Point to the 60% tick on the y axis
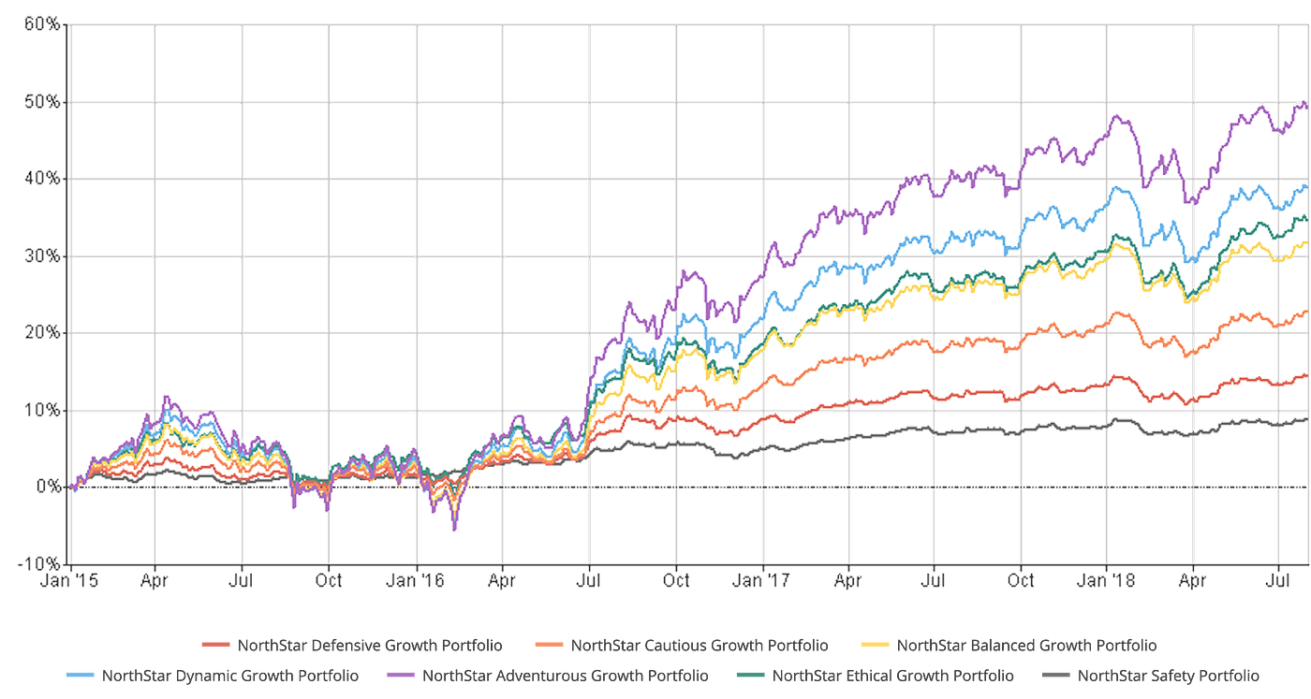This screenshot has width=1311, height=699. (x=43, y=24)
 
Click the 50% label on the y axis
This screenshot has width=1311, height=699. (x=43, y=101)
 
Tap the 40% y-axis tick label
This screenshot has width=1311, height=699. (x=43, y=178)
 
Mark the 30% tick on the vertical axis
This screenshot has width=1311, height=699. (x=43, y=255)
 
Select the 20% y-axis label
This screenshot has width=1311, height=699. (x=43, y=332)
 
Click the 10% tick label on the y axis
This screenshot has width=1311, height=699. (x=43, y=409)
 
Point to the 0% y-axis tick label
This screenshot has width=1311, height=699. (x=47, y=486)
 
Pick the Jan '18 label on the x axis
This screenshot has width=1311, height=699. (x=1109, y=580)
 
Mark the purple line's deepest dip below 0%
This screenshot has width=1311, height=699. (x=455, y=531)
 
